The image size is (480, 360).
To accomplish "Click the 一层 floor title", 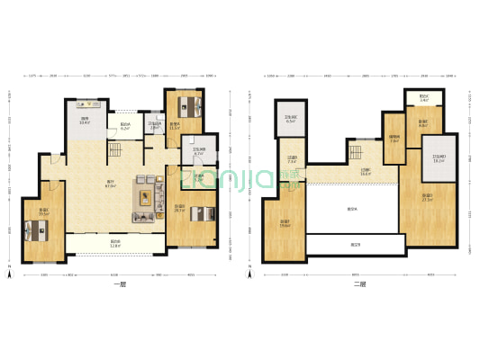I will (x=120, y=285).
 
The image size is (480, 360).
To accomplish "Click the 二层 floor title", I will (x=359, y=285).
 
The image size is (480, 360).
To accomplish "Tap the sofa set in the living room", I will (x=145, y=199).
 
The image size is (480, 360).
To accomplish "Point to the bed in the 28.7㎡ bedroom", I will (x=203, y=213).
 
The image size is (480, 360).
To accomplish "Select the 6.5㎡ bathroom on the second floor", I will (x=291, y=119).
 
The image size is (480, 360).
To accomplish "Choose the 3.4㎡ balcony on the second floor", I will (x=423, y=99).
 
